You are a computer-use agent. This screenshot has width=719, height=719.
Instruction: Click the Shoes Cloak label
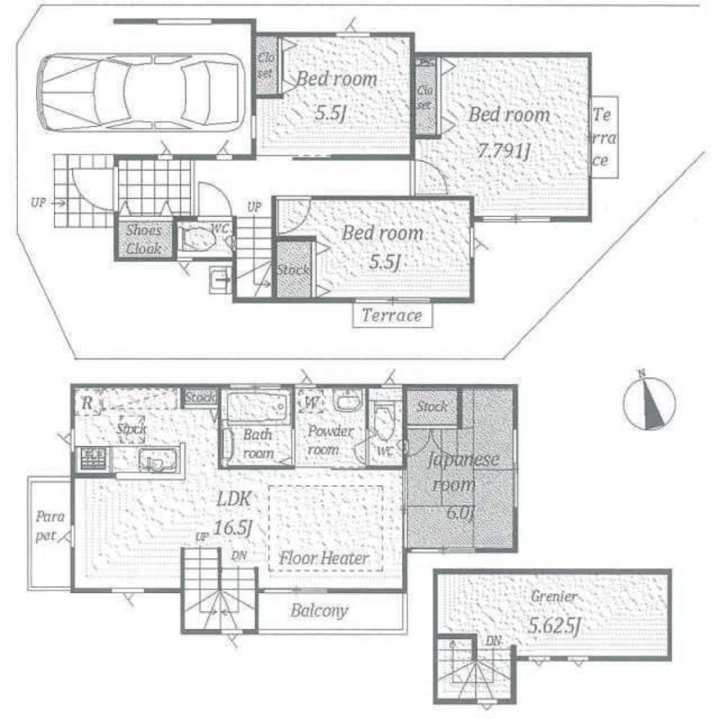click(143, 240)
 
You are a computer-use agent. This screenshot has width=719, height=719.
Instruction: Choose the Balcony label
click(319, 612)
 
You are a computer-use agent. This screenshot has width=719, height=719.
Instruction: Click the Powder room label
click(331, 439)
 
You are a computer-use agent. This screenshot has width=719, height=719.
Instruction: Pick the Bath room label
click(257, 444)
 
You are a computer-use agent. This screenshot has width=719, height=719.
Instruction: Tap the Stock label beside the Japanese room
click(433, 407)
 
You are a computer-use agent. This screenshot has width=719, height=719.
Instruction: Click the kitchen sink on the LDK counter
click(152, 459)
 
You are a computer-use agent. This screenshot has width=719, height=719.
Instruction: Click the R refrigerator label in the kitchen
click(87, 401)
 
